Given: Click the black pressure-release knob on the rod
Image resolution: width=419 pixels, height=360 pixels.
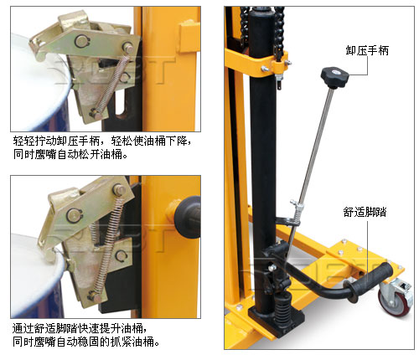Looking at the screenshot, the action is pyautogui.click(x=334, y=77).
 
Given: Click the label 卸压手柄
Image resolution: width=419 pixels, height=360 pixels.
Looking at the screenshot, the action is pyautogui.click(x=367, y=50).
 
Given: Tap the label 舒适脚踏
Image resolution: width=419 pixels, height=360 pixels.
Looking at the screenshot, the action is pyautogui.click(x=365, y=212).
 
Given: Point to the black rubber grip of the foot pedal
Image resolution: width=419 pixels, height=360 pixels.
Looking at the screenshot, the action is pyautogui.click(x=368, y=282).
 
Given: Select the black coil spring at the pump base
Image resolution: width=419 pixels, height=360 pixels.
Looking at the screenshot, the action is pyautogui.click(x=282, y=307).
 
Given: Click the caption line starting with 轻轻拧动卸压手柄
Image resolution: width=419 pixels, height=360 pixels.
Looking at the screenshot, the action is pyautogui.click(x=102, y=141).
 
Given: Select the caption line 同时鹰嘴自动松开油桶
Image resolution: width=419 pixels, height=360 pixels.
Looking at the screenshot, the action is pyautogui.click(x=70, y=154).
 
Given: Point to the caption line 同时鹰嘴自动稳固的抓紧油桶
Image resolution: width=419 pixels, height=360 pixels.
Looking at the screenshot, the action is pyautogui.click(x=86, y=342).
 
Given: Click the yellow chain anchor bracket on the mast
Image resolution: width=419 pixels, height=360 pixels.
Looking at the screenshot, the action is pyautogui.click(x=279, y=66).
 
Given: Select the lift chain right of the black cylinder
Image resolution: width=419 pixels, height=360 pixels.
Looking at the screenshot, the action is pyautogui.click(x=279, y=32).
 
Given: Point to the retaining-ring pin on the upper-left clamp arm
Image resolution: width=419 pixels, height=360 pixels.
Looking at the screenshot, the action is pyautogui.click(x=81, y=42).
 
